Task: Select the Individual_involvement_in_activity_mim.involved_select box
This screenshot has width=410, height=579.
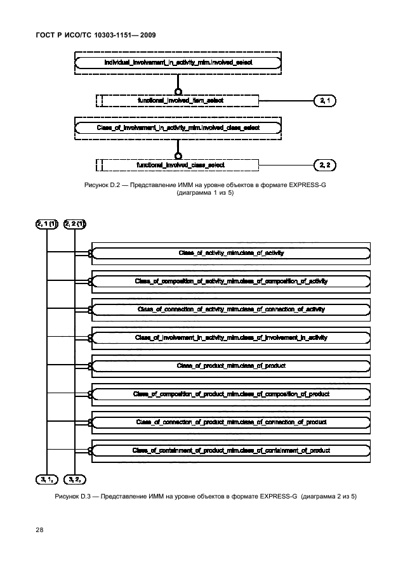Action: pos(177,62)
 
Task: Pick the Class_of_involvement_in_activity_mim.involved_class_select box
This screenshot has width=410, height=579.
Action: pos(177,127)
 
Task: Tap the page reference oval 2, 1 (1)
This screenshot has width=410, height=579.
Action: pos(47,223)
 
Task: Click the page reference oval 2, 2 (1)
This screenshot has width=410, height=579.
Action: pos(74,223)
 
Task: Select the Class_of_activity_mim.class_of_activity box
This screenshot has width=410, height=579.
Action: pos(231,253)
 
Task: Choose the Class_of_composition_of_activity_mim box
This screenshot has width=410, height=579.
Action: pos(231,281)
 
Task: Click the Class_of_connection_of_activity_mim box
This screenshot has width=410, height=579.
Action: pos(231,309)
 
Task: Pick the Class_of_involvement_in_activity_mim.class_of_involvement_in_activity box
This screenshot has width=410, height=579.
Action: pos(231,337)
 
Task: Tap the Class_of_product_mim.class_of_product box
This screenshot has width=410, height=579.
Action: pos(231,366)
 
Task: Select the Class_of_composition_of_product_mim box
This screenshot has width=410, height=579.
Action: pos(231,394)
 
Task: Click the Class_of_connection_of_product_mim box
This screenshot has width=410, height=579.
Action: pos(231,422)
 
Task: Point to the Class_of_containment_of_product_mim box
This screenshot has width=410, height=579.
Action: pos(231,450)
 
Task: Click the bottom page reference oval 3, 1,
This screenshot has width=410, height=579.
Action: pos(47,479)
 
